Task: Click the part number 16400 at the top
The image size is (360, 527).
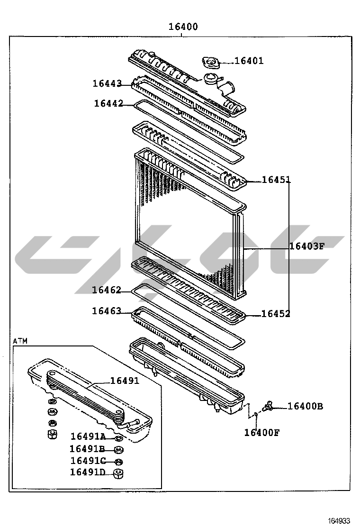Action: coord(183,27)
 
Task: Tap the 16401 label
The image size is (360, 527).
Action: coord(249,61)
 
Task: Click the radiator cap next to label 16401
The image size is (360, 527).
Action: coord(211,63)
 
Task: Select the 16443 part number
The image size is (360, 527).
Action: coord(107,83)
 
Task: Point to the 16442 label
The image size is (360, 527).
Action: coord(109,103)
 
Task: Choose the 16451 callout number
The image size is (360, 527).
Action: coord(276,180)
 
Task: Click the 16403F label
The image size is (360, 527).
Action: coord(307,246)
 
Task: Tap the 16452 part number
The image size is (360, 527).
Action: coord(276,314)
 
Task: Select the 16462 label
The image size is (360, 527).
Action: coord(107,290)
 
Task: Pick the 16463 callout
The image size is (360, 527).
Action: coord(107,311)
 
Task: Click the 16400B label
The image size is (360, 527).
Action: coord(305,406)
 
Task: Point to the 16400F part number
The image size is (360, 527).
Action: coord(261,433)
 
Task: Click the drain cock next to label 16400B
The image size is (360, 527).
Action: coord(269,406)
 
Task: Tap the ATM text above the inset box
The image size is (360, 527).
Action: coord(20,341)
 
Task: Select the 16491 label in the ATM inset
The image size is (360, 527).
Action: coord(125,381)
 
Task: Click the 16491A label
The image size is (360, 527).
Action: coord(88,436)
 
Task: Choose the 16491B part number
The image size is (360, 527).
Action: coord(87,449)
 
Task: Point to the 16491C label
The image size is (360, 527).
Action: coord(88,461)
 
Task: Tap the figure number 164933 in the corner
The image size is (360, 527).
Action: coord(339,521)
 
